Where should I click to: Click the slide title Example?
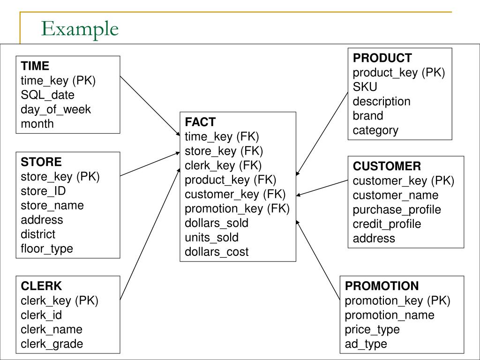79,29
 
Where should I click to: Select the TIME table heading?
35,66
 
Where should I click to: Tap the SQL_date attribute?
47,95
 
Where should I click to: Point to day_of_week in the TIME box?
56,109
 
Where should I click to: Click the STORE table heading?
41,162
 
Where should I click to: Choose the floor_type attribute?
47,248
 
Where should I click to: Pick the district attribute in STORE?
38,234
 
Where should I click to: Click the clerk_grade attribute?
52,344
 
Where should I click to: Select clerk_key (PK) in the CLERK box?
60,300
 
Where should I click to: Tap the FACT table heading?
200,122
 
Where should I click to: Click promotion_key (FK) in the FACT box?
237,209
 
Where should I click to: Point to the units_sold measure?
211,237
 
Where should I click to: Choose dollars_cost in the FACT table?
217,252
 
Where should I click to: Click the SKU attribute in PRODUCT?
365,87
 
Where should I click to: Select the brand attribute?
368,116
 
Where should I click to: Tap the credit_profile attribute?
387,224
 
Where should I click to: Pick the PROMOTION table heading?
382,286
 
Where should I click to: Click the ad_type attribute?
366,344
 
